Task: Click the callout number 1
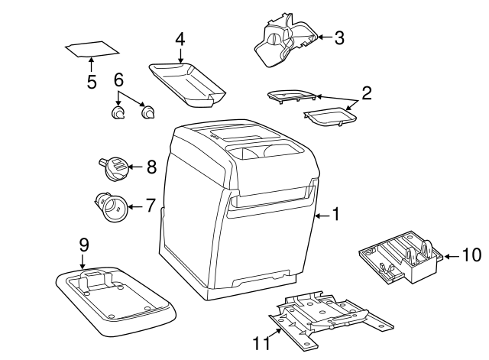coord(335,215)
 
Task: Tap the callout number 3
coord(339,37)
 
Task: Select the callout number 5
coord(92,82)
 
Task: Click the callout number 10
coord(471,255)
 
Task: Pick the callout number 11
coord(261,343)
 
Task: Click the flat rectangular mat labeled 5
coord(92,49)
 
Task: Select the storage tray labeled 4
coord(187,85)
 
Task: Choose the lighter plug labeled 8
coord(114,169)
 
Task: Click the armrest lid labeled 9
coord(115,301)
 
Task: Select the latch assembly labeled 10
coord(401,257)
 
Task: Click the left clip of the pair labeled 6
coord(118,112)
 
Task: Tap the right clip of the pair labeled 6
coord(147,112)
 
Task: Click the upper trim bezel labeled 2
coord(292,96)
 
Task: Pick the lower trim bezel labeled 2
coord(331,117)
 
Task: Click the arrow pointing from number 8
coord(136,167)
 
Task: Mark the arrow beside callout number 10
coord(452,257)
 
